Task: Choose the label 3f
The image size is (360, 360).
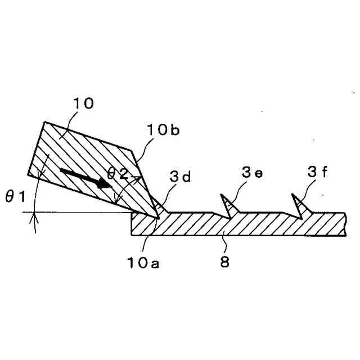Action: (x=317, y=171)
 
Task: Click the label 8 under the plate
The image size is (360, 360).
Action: (x=225, y=263)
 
